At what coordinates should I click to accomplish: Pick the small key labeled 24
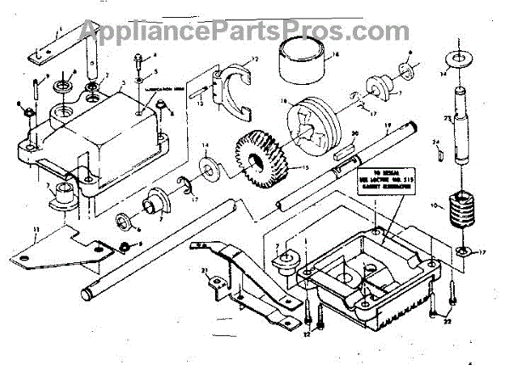click(x=443, y=154)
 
